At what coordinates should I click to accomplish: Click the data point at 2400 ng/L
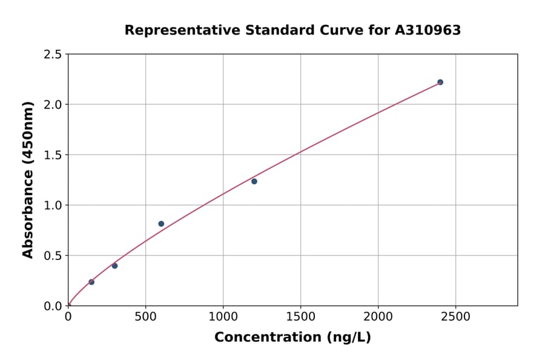pyautogui.click(x=440, y=82)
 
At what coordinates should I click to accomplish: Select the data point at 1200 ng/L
pyautogui.click(x=254, y=181)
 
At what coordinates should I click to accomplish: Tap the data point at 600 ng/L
pyautogui.click(x=161, y=224)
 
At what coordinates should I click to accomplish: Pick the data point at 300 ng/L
pyautogui.click(x=114, y=266)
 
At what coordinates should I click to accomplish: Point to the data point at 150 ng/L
pyautogui.click(x=91, y=282)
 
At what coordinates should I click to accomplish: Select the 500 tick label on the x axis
pyautogui.click(x=145, y=316)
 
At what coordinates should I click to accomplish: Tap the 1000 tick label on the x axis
pyautogui.click(x=223, y=316)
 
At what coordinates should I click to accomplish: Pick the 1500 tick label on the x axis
pyautogui.click(x=300, y=316)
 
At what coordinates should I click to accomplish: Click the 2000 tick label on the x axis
pyautogui.click(x=378, y=316)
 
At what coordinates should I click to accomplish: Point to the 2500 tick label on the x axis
pyautogui.click(x=455, y=316)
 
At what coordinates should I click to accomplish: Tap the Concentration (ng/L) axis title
pyautogui.click(x=292, y=338)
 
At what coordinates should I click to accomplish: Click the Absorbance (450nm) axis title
pyautogui.click(x=28, y=179)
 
